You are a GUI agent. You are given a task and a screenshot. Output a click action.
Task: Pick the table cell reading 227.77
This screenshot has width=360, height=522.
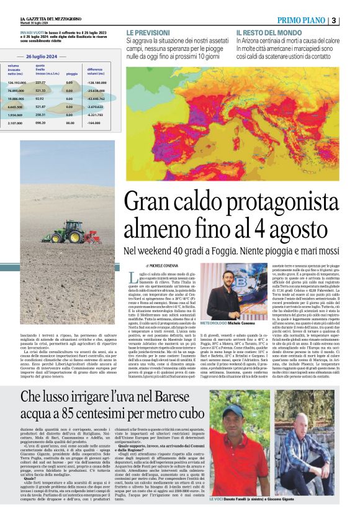(x=40, y=81)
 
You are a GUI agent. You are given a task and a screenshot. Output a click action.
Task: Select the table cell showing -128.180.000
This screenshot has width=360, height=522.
(x=94, y=81)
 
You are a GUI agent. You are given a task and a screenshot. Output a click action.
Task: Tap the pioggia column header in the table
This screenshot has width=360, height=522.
(x=72, y=74)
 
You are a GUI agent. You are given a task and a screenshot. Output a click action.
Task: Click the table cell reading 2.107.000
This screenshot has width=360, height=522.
(x=16, y=123)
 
